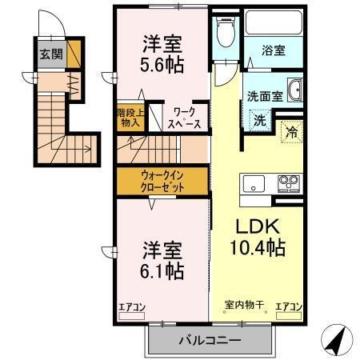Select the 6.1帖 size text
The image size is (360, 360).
pos(163,270)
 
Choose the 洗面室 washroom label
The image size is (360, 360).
pos(265,94)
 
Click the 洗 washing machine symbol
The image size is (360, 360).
pos(259,122)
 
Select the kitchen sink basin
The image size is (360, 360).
pos(254,184)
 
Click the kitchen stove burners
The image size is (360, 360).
pos(287,184)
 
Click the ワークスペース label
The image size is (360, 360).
pos(184,118)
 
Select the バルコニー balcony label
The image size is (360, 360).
pos(209,340)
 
